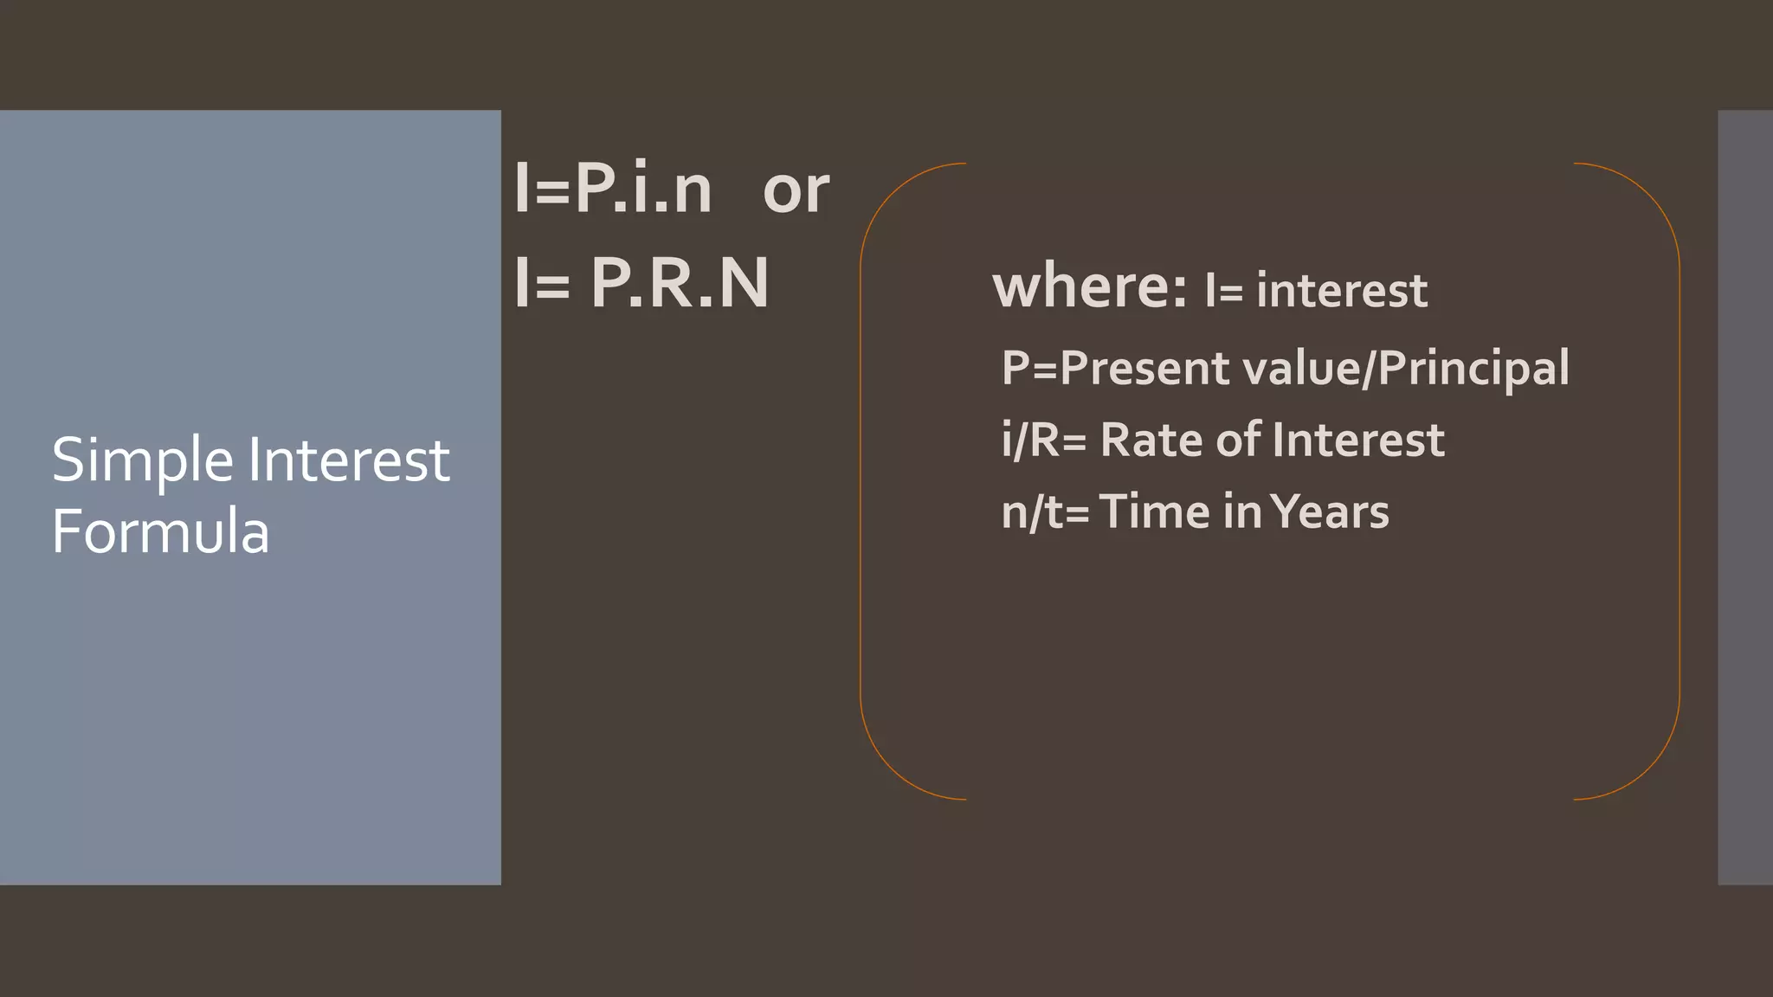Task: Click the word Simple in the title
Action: [143, 461]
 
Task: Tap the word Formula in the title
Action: [160, 531]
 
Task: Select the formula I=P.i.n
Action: [613, 189]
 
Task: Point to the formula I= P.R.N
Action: [641, 283]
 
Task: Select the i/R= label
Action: [1043, 441]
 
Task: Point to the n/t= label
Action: [1044, 512]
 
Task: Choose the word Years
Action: [1330, 512]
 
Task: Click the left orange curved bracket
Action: [862, 481]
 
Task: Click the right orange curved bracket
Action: [1678, 481]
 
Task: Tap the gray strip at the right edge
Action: [1745, 497]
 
